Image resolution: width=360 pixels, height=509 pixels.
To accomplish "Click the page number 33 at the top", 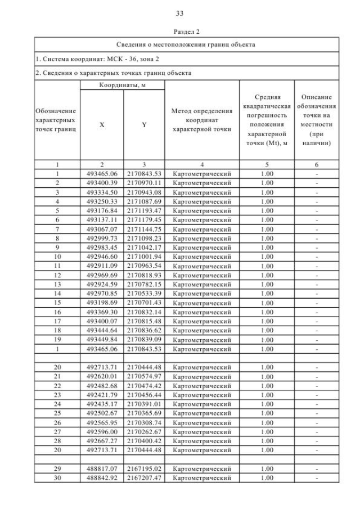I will coord(180,13).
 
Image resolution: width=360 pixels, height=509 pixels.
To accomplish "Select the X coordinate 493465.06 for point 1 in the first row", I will coord(102,174).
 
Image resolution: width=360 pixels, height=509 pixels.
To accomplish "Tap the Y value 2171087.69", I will coord(144,201).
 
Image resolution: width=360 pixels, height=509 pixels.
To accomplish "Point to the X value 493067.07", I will coord(102,228).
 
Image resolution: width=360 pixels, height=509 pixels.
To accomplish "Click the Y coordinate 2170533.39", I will coord(144,292).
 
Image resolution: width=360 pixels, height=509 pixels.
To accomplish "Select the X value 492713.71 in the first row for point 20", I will coord(102,367).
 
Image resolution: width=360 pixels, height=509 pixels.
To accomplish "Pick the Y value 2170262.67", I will coord(144,431).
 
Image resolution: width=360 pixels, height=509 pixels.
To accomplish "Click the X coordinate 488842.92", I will coord(102,478).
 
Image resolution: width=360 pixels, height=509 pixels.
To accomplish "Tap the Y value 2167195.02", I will coord(144,468).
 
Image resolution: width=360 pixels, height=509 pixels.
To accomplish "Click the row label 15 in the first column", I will coord(57,302).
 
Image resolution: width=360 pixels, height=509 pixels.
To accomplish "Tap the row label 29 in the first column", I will coord(57,468).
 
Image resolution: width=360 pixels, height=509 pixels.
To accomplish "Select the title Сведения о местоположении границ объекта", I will coord(186,44).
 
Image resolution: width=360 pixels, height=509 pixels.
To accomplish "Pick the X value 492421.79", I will coord(102,394).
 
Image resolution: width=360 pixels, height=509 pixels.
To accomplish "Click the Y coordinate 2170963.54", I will coord(144,265).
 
